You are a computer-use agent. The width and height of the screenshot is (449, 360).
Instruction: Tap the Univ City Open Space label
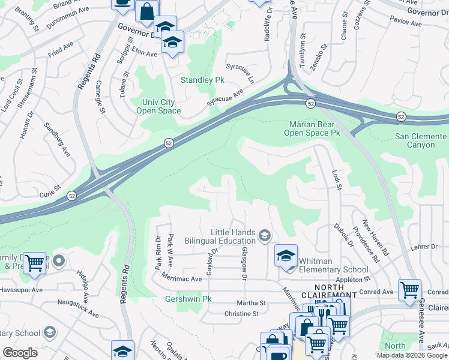tap(158, 106)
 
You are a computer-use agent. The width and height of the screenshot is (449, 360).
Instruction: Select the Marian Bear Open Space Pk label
tap(312, 128)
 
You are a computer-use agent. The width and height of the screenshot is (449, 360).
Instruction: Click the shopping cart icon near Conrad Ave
tap(409, 290)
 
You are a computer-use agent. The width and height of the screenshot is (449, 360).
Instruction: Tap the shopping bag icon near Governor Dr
tap(146, 10)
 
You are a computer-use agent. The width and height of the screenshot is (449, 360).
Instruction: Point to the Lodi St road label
tap(337, 180)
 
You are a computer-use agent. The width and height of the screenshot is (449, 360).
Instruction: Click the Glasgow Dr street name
tap(244, 264)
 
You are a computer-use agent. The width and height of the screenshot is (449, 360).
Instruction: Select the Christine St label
tap(241, 313)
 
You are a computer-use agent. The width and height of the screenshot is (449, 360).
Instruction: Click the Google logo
tap(20, 352)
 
